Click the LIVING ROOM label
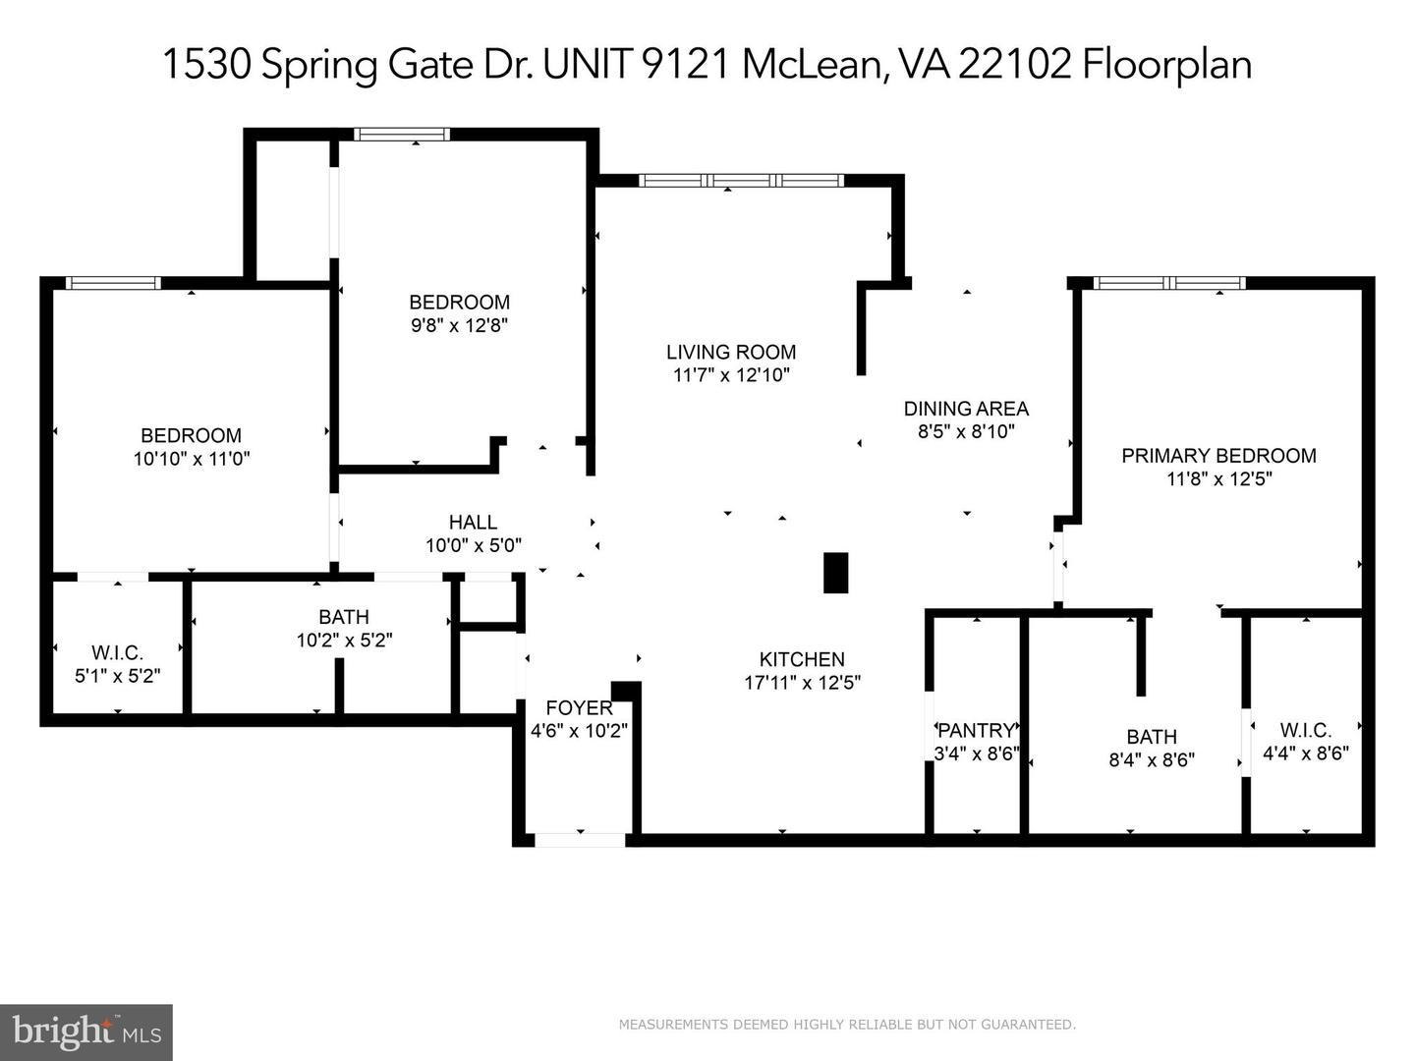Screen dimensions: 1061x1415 (731, 352)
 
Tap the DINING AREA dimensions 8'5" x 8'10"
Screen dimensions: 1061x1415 (965, 431)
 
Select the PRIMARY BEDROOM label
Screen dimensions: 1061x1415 (1218, 456)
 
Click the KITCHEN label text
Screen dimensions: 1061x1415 (802, 659)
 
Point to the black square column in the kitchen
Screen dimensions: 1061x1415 (835, 573)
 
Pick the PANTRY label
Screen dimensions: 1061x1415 (976, 730)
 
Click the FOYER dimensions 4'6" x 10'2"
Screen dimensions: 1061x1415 (579, 731)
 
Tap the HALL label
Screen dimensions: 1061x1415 (473, 522)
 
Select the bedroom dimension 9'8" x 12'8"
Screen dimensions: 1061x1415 (459, 325)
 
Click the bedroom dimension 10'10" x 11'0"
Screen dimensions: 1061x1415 (192, 459)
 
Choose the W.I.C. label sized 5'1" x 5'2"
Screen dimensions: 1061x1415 (117, 652)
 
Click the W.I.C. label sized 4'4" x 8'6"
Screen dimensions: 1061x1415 (1305, 730)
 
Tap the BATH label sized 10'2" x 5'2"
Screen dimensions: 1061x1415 (344, 617)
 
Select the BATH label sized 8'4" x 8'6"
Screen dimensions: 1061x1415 (1152, 737)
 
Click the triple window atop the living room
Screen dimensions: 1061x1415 (741, 181)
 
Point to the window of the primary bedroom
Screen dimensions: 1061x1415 (1169, 283)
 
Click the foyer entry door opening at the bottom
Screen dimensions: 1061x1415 (580, 840)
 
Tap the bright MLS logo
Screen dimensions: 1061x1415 (86, 1032)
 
